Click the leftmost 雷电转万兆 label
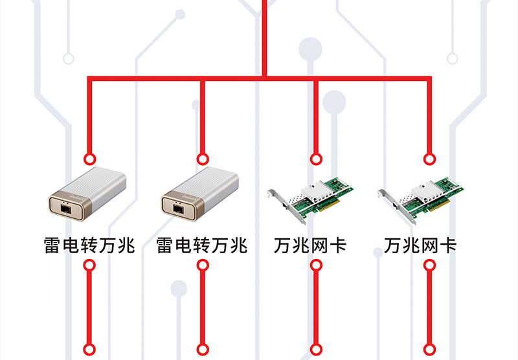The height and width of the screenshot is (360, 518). tap(89, 245)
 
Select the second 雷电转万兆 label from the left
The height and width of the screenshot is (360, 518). tap(202, 245)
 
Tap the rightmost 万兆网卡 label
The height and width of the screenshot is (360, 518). tap(420, 245)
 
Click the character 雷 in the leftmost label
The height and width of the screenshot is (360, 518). tap(52, 245)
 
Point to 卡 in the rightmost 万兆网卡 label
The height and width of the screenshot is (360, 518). tap(448, 245)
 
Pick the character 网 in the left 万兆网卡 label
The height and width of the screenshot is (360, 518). tap(320, 245)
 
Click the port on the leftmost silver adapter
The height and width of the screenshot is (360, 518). tap(65, 208)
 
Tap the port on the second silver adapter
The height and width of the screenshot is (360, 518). tap(178, 208)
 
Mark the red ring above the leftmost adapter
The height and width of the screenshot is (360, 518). tap(89, 159)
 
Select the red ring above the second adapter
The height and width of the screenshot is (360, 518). tap(203, 159)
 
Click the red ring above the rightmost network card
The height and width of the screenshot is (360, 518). tap(429, 159)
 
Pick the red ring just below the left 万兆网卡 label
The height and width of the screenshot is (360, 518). tap(316, 265)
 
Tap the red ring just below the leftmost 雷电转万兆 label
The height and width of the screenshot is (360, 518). tap(89, 265)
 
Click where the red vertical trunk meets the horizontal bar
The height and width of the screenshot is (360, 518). tap(264, 78)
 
